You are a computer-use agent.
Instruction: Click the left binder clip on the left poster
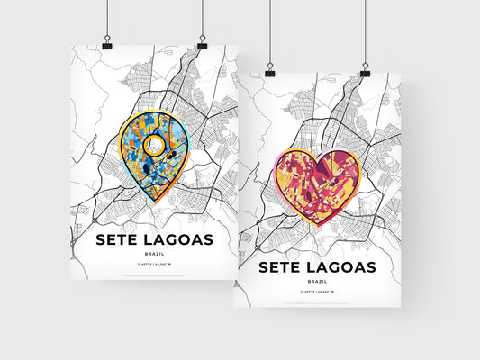[106, 43]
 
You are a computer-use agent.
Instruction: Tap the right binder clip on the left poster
[201, 43]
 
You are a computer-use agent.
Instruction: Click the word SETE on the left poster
[119, 241]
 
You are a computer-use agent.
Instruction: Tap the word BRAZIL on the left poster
[154, 256]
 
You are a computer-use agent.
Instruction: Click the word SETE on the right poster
[282, 267]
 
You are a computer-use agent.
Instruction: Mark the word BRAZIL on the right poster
[317, 282]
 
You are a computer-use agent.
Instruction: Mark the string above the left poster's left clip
[106, 18]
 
